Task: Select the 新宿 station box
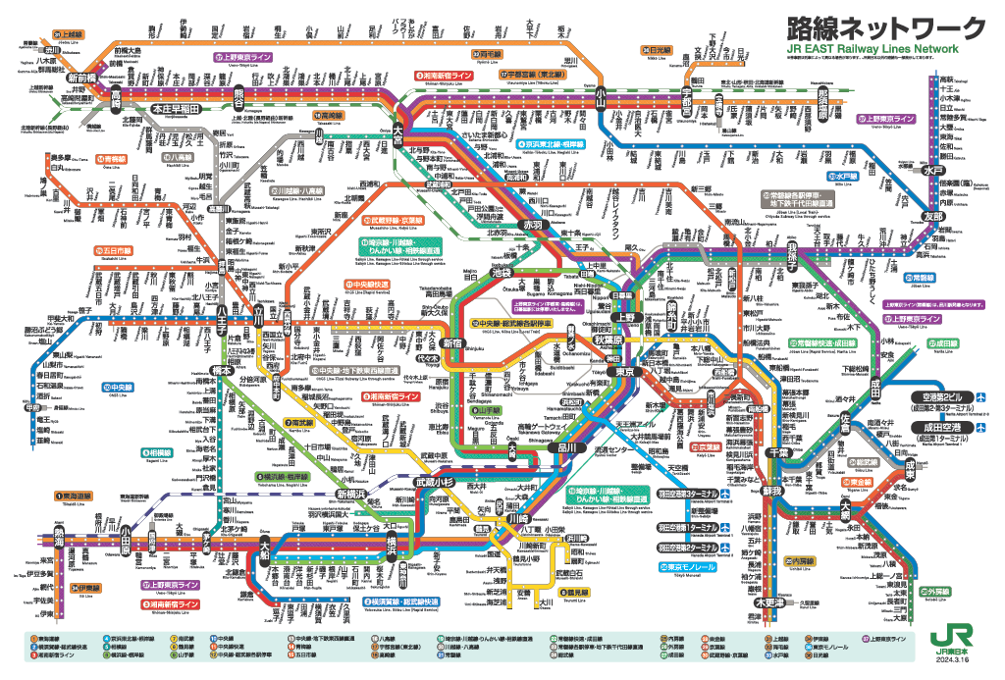[x=452, y=342]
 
